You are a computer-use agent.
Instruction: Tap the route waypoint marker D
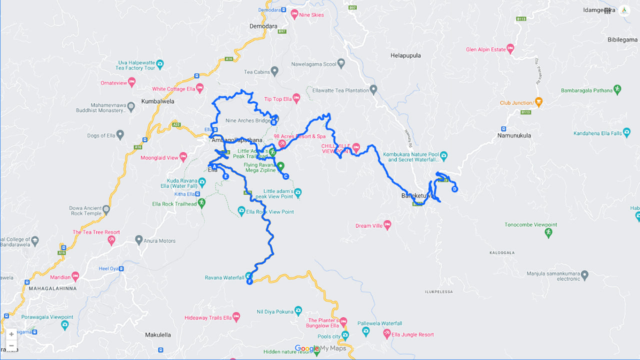(x=454, y=189)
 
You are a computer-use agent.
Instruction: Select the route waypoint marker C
(x=285, y=176)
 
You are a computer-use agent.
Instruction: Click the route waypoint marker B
(x=273, y=120)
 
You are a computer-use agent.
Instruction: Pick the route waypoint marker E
(x=226, y=176)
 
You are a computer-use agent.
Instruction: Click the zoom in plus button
(x=11, y=334)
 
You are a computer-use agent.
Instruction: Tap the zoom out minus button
(x=11, y=345)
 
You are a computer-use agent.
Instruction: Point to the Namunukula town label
(x=514, y=135)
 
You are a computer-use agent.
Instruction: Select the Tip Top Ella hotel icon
(x=296, y=98)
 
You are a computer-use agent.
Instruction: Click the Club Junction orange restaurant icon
(x=538, y=102)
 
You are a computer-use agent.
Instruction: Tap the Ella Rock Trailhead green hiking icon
(x=202, y=203)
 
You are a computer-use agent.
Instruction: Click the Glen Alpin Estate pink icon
(x=510, y=49)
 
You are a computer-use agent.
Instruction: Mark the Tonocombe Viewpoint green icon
(x=548, y=233)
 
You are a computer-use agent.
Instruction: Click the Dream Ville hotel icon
(x=387, y=225)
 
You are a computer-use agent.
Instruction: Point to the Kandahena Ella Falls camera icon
(x=627, y=133)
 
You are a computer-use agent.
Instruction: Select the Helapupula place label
(x=405, y=55)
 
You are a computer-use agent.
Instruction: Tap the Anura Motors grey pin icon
(x=139, y=240)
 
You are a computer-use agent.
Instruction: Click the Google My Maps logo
(x=320, y=348)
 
